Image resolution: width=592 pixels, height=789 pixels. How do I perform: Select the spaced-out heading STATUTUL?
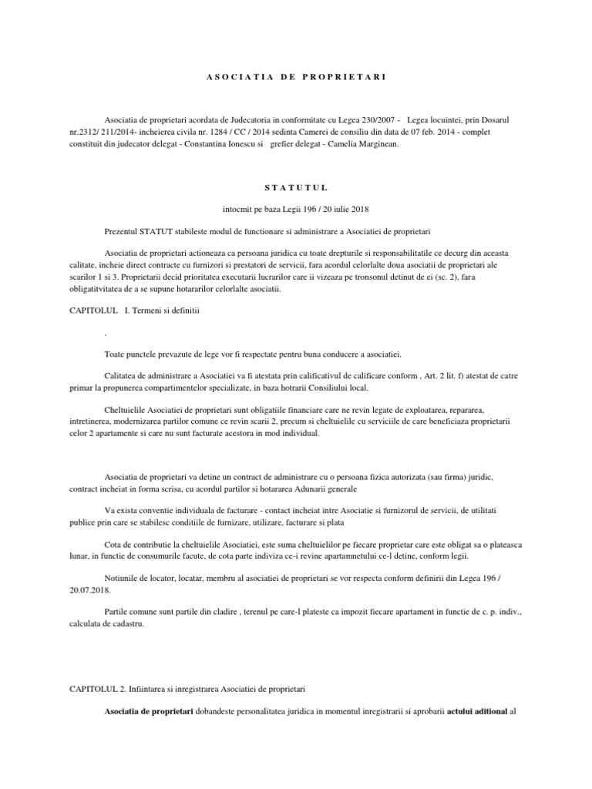[x=296, y=186]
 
